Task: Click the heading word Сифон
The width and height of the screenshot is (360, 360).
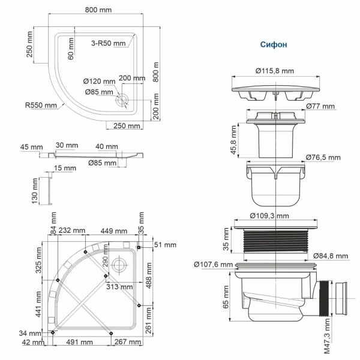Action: pyautogui.click(x=274, y=44)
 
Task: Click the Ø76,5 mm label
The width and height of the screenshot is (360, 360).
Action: pyautogui.click(x=323, y=158)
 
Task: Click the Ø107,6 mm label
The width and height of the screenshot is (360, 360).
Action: pyautogui.click(x=213, y=264)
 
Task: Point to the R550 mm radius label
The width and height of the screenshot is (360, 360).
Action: pyautogui.click(x=41, y=105)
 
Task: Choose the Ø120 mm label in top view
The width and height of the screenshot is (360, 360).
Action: pyautogui.click(x=99, y=81)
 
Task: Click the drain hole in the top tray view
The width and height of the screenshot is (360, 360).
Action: pyautogui.click(x=124, y=101)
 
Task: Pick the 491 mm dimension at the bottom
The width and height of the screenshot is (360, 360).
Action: pyautogui.click(x=79, y=343)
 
